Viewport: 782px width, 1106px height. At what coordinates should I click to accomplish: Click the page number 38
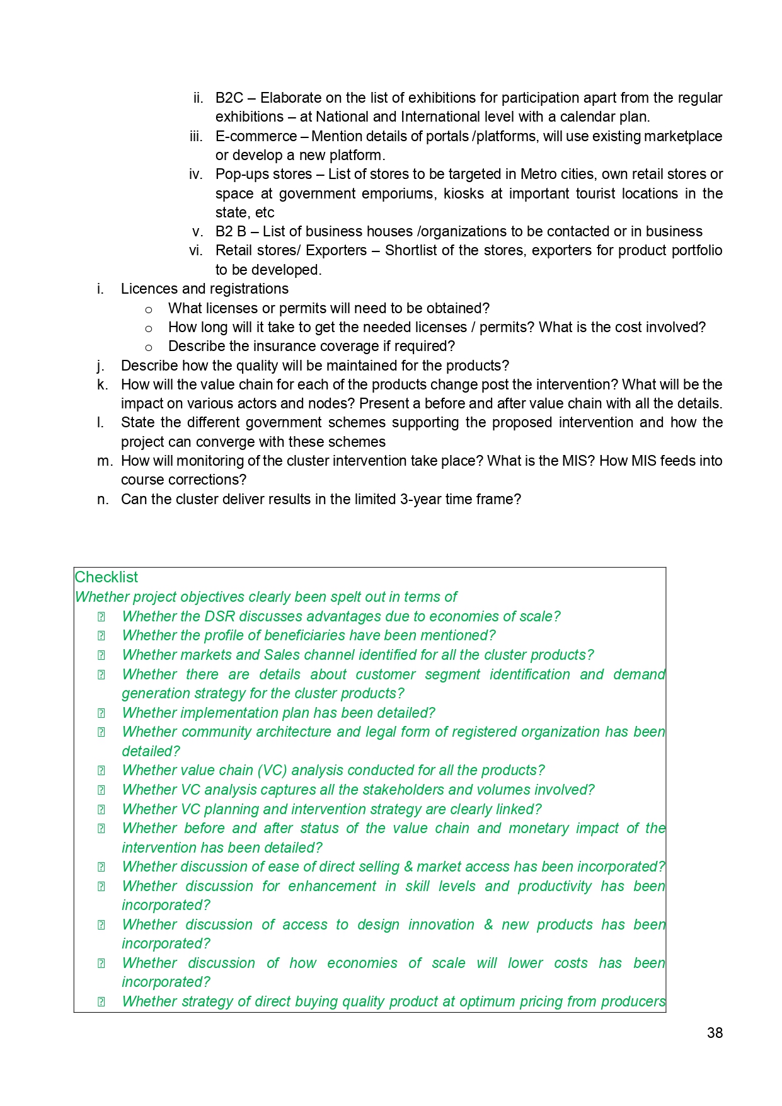click(x=715, y=1033)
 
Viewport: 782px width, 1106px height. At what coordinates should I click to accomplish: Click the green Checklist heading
click(x=106, y=577)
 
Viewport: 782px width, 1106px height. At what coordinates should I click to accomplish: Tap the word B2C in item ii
click(x=229, y=98)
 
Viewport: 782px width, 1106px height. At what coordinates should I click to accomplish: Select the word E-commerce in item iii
click(x=256, y=137)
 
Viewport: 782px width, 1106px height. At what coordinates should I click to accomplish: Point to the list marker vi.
click(x=196, y=251)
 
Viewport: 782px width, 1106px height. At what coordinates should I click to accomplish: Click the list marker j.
click(x=100, y=366)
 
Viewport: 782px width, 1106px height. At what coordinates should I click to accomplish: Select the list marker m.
click(x=104, y=461)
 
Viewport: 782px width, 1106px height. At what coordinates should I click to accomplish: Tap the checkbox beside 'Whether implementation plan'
click(x=101, y=713)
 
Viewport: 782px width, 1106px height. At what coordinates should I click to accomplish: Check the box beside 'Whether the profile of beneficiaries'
click(x=101, y=636)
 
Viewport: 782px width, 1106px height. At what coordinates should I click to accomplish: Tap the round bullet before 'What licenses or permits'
click(x=149, y=309)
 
